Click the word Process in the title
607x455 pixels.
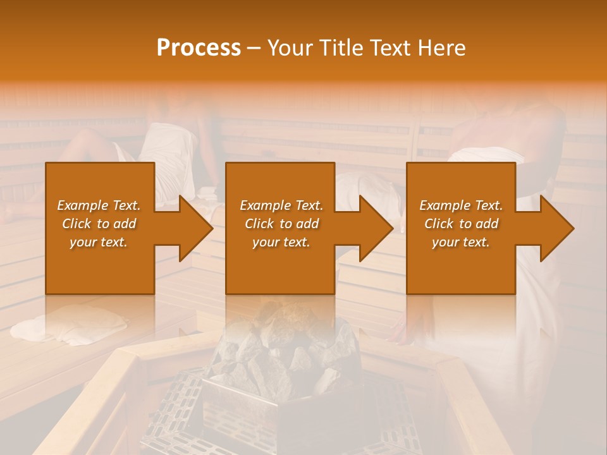click(199, 48)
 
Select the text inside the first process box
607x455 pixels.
click(99, 224)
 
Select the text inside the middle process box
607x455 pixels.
click(281, 224)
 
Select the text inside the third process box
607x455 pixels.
click(460, 224)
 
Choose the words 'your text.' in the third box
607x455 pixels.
click(460, 242)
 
